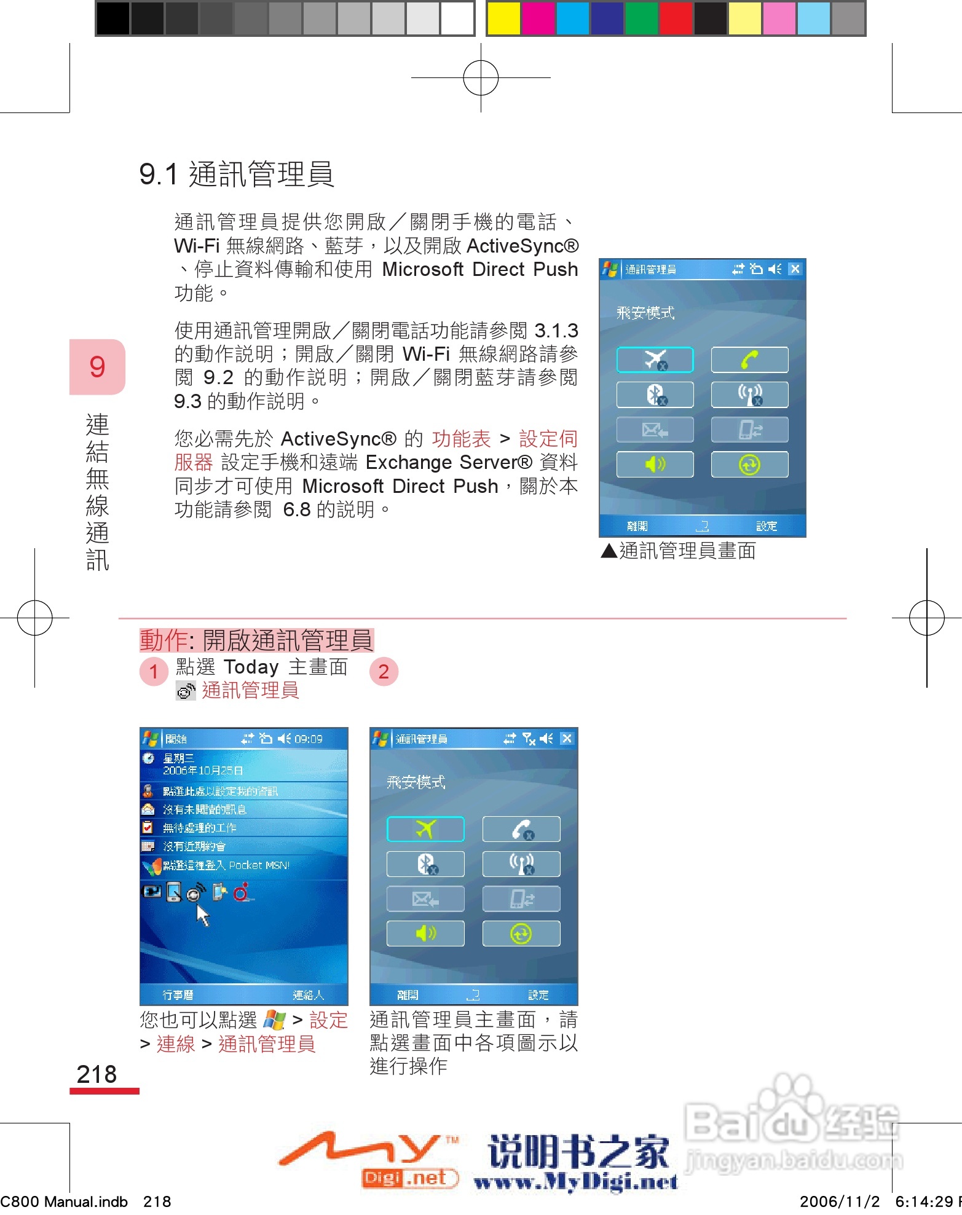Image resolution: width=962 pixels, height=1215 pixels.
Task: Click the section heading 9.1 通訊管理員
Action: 237,174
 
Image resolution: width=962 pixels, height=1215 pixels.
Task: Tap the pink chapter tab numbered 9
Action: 97,367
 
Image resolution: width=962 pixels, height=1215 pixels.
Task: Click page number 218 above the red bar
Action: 97,1074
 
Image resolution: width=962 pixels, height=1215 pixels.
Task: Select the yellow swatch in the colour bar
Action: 503,18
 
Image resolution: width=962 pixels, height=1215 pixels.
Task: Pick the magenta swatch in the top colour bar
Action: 538,18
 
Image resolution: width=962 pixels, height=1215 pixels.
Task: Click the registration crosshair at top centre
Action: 481,78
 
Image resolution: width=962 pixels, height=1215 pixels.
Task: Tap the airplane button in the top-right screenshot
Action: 655,360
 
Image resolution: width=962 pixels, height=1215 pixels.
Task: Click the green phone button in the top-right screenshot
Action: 749,360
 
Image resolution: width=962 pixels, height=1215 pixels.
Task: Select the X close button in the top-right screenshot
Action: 795,269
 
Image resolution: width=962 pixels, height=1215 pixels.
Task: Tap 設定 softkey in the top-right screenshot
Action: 767,526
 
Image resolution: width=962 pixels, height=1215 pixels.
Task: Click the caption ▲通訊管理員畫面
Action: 679,551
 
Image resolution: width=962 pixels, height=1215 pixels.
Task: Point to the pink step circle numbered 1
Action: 154,672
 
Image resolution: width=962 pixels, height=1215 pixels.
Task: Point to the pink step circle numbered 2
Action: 384,672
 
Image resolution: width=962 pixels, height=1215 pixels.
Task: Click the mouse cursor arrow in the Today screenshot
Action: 202,914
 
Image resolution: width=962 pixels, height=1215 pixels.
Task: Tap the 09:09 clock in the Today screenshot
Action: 309,739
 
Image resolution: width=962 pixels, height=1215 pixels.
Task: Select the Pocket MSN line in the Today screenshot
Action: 226,865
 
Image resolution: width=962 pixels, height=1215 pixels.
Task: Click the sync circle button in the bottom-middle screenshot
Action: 521,934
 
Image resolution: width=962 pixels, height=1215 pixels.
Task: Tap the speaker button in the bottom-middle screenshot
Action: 425,934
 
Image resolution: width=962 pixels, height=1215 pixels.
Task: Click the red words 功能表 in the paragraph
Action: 461,439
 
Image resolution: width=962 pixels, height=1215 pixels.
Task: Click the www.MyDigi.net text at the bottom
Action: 576,1181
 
